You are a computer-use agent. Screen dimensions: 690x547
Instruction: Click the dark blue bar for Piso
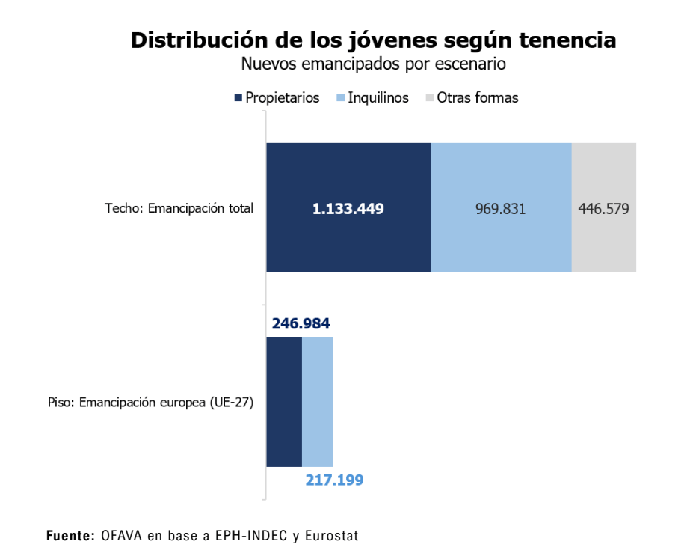284,402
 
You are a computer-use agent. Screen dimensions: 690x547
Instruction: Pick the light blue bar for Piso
318,402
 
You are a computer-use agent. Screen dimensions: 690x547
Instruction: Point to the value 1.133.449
348,208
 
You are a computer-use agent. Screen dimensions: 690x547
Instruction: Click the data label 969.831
501,208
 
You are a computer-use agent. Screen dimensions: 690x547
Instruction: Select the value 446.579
604,208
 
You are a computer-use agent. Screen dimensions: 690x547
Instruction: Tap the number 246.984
301,323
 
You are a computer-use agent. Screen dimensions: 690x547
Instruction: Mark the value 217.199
334,480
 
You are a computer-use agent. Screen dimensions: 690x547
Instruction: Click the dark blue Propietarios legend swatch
238,97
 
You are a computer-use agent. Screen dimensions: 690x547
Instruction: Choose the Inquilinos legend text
378,97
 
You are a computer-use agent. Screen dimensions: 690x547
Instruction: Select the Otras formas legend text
478,97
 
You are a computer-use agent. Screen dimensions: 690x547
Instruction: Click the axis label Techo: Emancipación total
179,208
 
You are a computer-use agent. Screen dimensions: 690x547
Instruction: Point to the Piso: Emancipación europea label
151,402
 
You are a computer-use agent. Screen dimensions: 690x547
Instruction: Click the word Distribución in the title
200,40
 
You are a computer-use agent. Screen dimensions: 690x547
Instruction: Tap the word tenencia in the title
567,40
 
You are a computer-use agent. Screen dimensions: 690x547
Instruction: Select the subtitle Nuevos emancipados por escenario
374,64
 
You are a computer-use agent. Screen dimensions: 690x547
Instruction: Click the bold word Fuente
70,536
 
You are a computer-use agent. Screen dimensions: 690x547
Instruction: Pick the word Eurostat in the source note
332,536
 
